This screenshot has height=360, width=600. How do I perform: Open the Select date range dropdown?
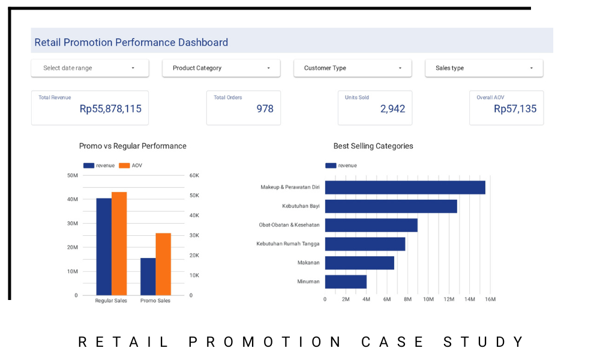click(x=90, y=68)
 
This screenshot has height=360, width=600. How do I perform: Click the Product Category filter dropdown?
click(x=221, y=68)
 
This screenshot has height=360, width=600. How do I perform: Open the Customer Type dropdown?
click(x=353, y=68)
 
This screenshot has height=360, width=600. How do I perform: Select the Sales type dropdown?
click(x=484, y=68)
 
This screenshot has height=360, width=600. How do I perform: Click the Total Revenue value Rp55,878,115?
click(x=110, y=109)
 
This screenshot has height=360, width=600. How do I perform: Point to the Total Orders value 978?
click(x=265, y=109)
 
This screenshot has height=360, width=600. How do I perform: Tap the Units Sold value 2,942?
click(x=392, y=109)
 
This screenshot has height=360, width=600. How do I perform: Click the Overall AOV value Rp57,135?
click(x=515, y=109)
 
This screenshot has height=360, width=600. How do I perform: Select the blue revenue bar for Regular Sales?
click(x=104, y=247)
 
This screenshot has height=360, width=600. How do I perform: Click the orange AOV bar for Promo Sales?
click(x=163, y=265)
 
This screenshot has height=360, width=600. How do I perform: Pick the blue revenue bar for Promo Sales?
click(x=148, y=277)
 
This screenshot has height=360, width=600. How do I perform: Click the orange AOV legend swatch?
click(x=124, y=166)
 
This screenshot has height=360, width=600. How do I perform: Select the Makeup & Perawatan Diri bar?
click(x=405, y=187)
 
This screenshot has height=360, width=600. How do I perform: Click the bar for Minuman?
click(x=346, y=282)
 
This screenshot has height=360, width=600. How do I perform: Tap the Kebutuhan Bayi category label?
click(x=301, y=206)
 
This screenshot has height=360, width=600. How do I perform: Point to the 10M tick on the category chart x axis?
click(x=428, y=299)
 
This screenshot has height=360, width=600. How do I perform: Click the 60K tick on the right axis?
click(x=194, y=176)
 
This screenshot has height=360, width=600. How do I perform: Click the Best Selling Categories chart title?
click(x=373, y=146)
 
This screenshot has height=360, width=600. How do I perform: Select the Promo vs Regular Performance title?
click(x=133, y=146)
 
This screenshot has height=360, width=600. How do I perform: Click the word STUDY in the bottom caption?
click(x=484, y=342)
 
